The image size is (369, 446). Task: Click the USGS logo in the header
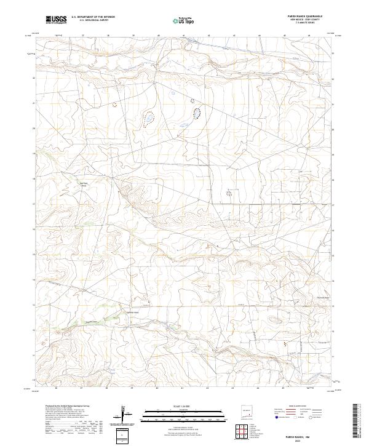tap(55, 20)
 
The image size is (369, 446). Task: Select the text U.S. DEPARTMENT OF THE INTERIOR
tap(93, 17)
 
